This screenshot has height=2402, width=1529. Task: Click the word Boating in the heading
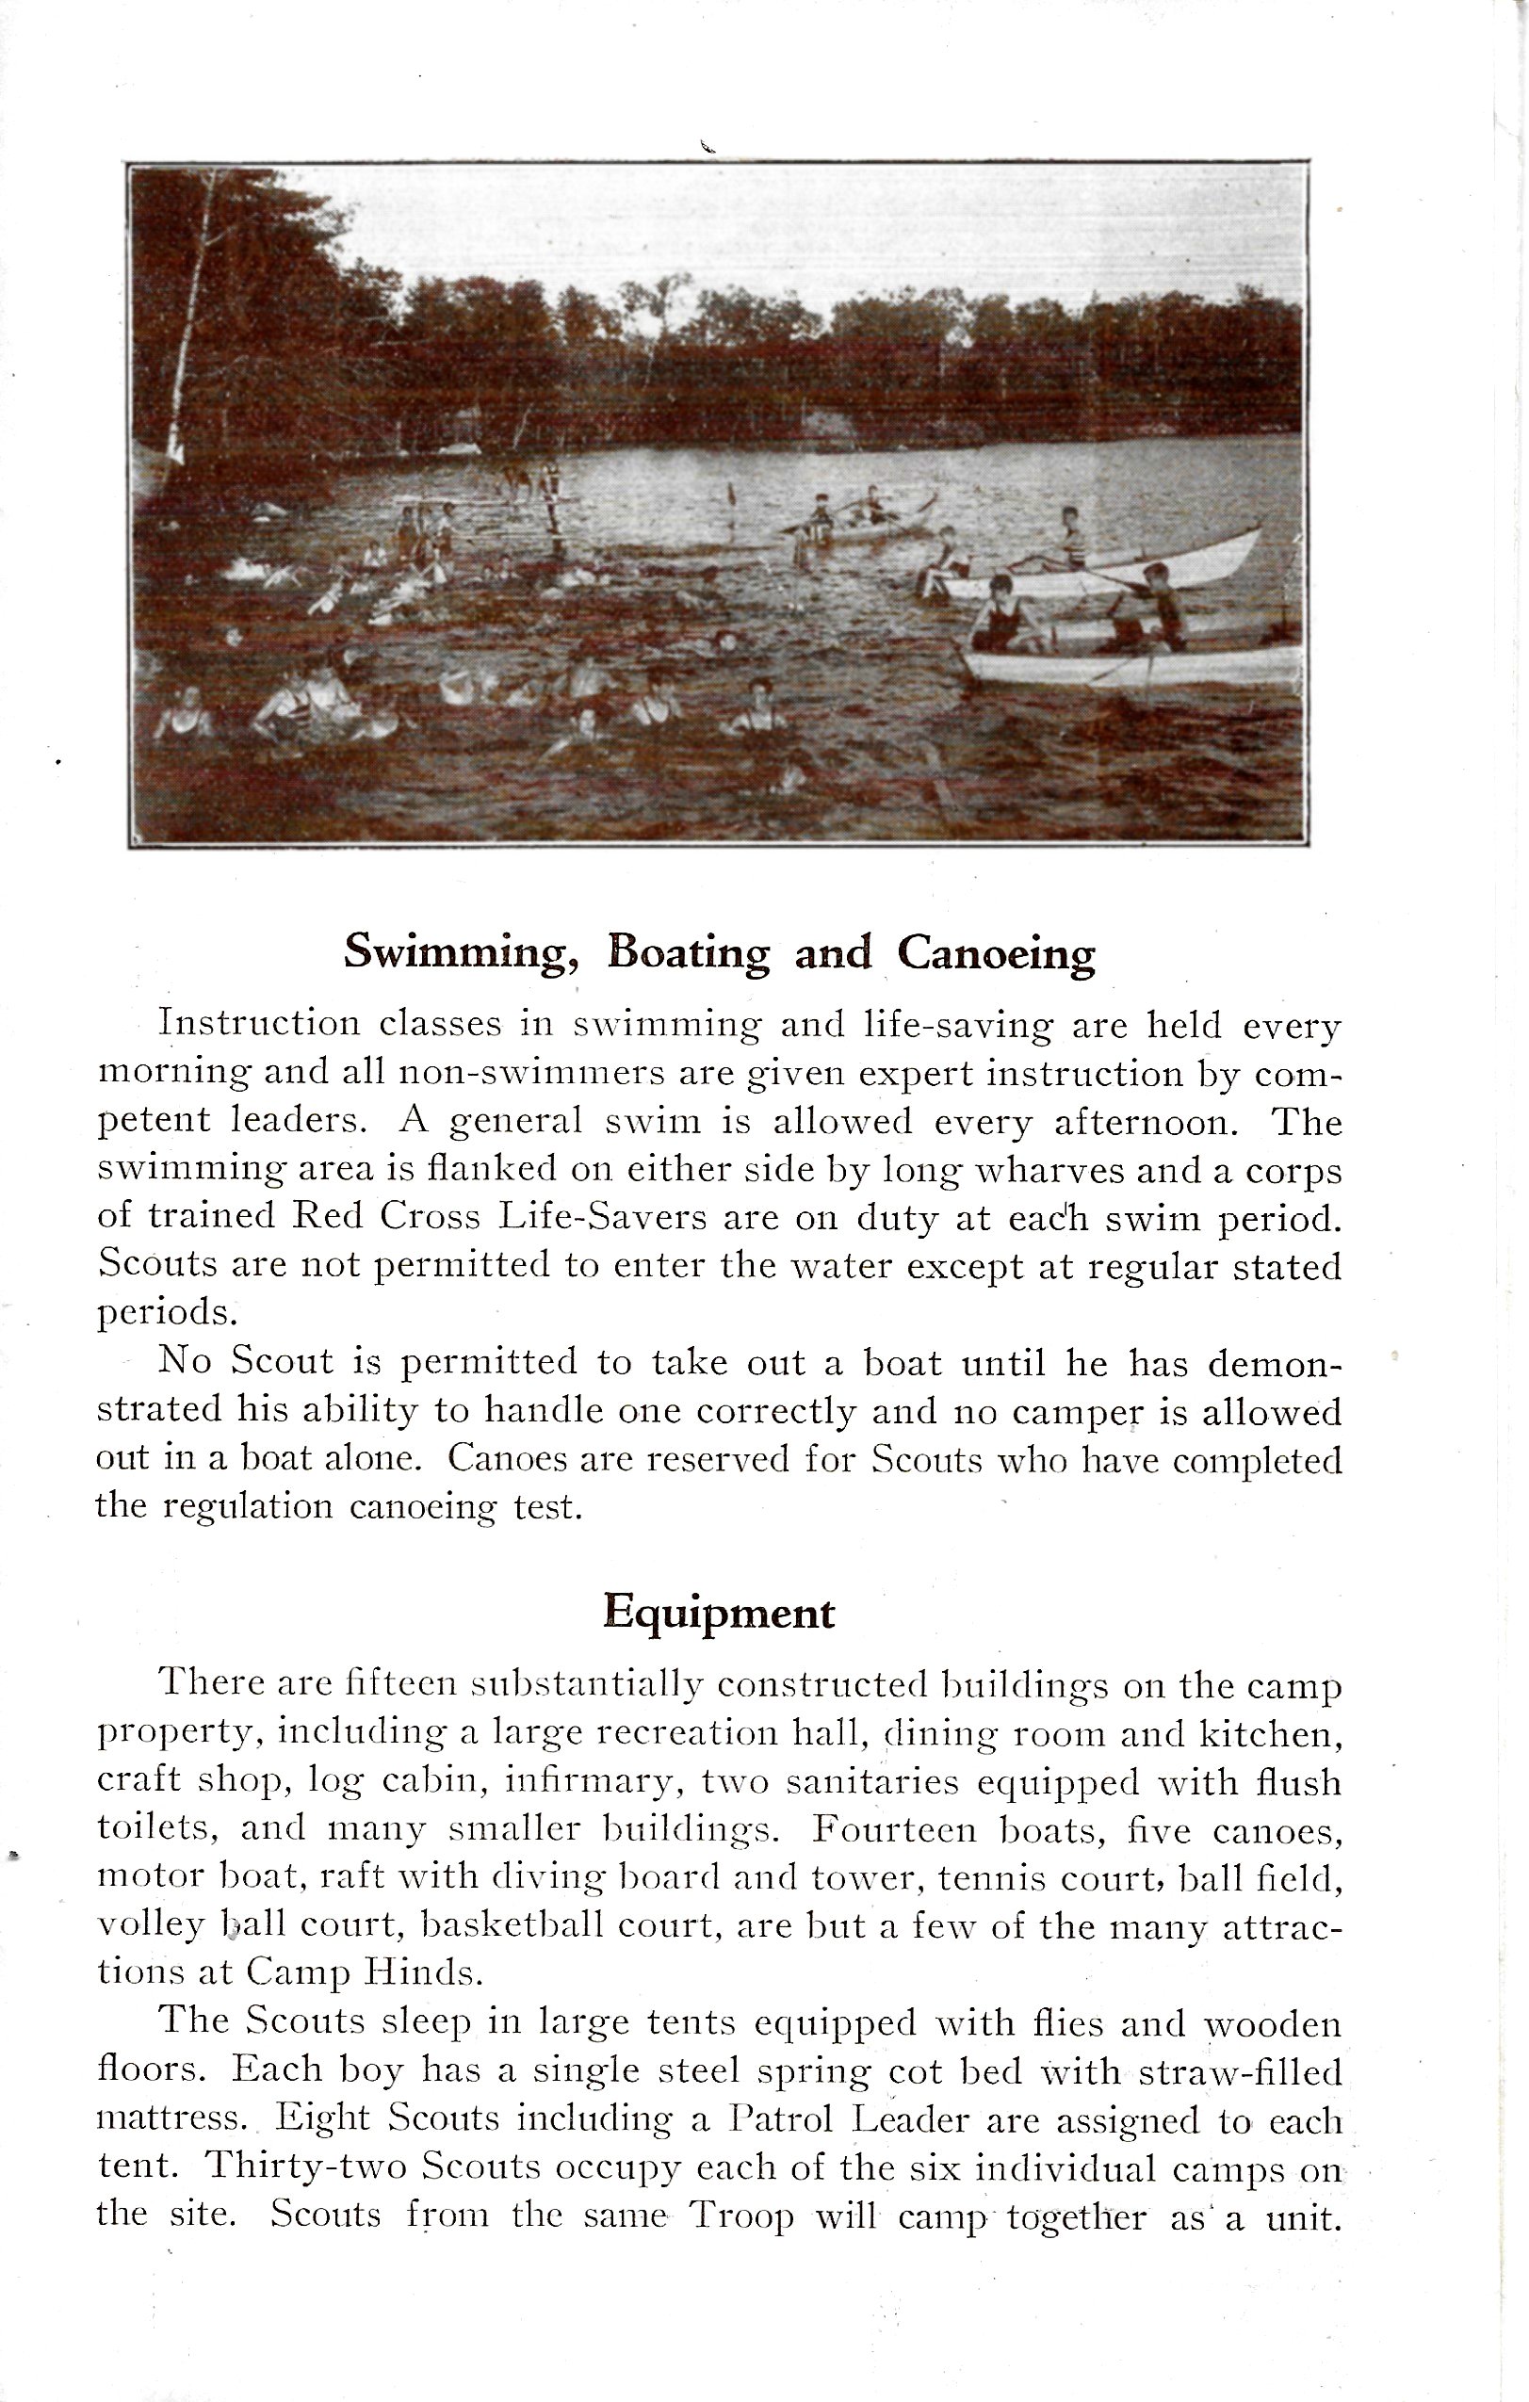689,952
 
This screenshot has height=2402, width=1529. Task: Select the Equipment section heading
718,1613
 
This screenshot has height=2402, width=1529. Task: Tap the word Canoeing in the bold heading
996,952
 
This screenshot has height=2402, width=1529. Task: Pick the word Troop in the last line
742,2215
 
